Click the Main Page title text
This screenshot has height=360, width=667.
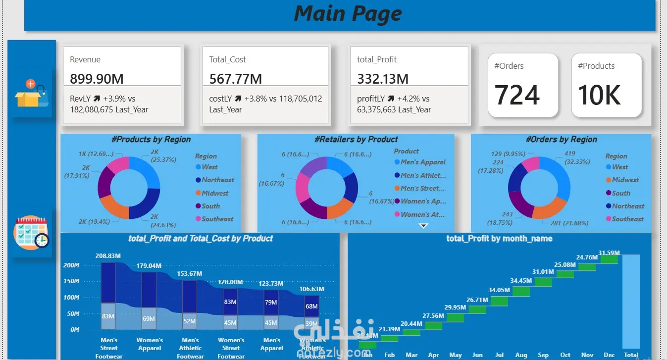348,13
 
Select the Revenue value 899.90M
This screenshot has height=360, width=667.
97,79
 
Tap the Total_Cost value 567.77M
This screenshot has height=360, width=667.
235,79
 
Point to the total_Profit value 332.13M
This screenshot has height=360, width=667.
383,79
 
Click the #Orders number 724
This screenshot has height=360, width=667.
517,95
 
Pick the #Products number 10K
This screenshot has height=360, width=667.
599,95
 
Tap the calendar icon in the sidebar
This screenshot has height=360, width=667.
31,233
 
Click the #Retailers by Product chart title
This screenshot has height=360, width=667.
356,140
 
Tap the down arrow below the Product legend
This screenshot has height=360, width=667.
423,226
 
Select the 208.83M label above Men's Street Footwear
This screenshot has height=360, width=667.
108,256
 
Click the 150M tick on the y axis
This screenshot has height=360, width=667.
71,281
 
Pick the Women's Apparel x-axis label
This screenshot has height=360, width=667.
150,344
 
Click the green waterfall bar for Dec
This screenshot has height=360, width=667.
609,259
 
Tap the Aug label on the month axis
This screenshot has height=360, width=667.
521,355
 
